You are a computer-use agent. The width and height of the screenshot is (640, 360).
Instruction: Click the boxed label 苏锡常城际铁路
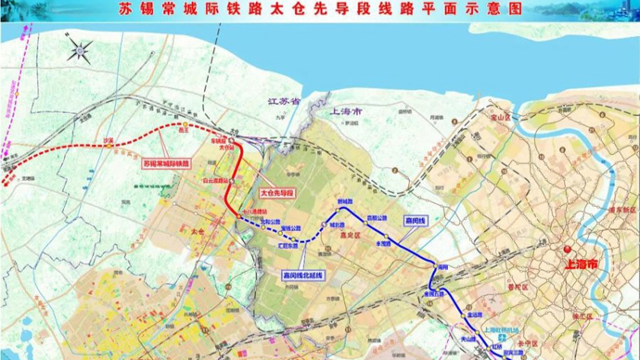166,162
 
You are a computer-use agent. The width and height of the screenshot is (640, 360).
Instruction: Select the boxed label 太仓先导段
275,192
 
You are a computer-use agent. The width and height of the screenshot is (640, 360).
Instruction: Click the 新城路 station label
344,201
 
